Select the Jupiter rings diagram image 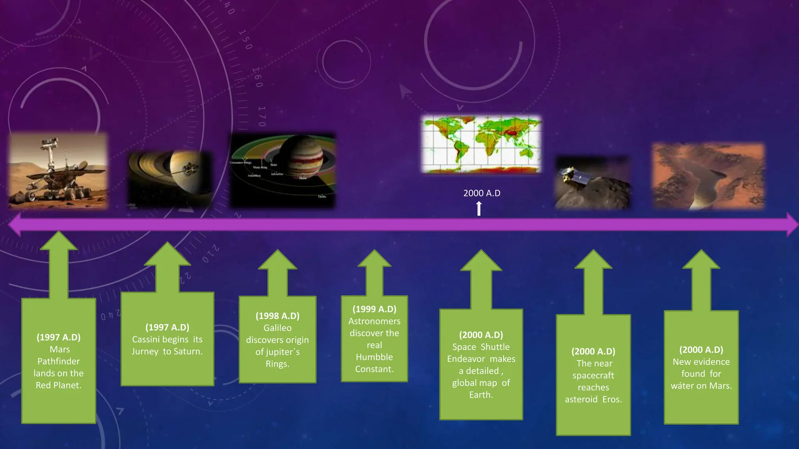282,171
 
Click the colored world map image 481,144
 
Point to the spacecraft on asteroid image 593,182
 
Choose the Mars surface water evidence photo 708,176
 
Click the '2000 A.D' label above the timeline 481,193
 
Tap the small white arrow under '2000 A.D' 479,209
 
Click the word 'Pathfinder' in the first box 59,361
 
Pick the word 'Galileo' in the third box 277,328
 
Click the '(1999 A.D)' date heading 374,309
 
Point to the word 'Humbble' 374,357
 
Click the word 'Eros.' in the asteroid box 612,400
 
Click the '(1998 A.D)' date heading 277,316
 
